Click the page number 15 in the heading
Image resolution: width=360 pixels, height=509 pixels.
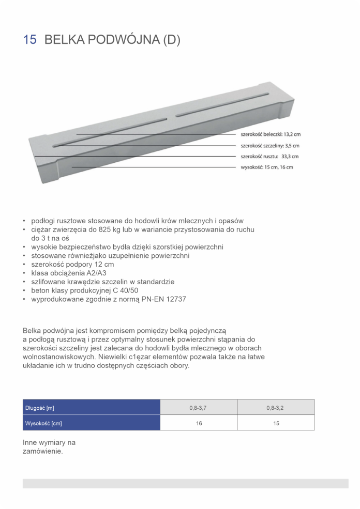(29, 40)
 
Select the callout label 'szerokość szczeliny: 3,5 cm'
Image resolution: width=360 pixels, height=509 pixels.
(270, 146)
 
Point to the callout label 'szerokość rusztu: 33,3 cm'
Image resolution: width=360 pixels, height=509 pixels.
(269, 156)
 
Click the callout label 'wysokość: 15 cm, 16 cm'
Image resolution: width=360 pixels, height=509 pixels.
(267, 167)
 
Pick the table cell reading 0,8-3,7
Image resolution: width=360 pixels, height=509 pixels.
(199, 408)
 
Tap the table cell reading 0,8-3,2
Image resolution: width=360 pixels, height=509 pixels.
(276, 408)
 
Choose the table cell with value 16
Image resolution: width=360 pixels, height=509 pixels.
(199, 423)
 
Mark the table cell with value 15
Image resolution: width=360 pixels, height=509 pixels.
(276, 423)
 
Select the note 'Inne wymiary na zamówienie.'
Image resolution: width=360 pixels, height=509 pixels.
(49, 447)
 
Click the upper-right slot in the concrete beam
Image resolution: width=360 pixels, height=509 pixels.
(222, 103)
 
